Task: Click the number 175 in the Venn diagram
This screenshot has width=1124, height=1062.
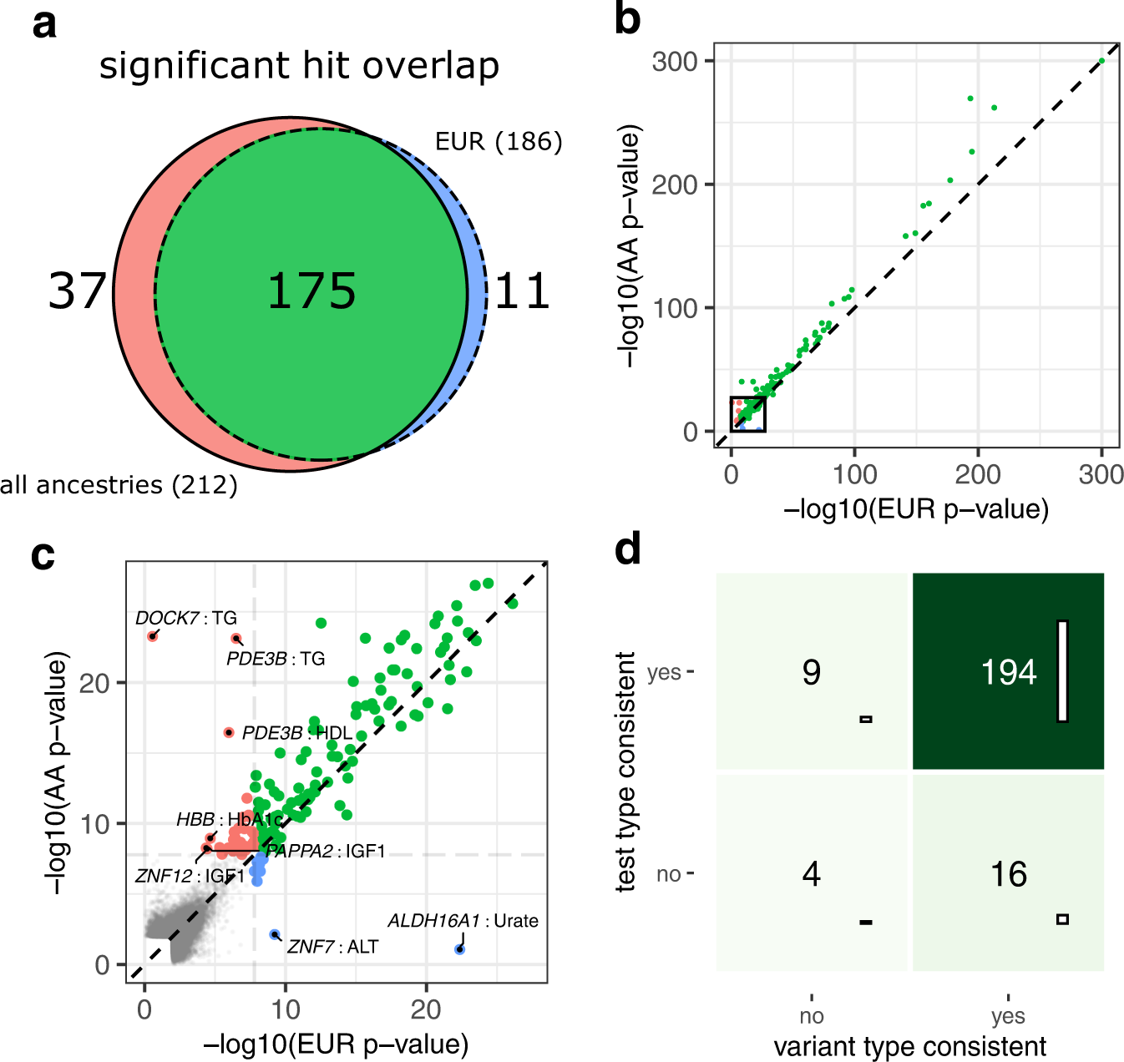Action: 311,291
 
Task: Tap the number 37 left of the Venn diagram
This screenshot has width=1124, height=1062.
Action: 77,291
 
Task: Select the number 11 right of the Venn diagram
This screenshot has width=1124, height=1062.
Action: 522,291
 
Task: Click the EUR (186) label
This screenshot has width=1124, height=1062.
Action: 499,141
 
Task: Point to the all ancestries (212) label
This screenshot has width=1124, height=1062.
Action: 119,485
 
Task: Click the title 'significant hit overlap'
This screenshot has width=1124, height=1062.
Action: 299,66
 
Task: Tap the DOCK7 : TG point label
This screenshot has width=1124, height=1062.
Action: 186,618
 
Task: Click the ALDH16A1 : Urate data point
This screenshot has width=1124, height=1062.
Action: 459,949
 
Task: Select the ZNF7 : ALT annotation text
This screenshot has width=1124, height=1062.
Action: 332,947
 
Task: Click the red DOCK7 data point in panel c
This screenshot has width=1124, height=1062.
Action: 152,636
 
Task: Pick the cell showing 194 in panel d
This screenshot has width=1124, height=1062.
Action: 1008,671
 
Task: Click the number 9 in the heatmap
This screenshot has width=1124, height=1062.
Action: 811,672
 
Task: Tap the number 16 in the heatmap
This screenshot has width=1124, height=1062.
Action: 1008,874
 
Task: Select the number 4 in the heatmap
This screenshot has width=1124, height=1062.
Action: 811,874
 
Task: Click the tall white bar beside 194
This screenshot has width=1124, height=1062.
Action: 1062,670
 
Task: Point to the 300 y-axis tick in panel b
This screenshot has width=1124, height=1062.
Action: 675,61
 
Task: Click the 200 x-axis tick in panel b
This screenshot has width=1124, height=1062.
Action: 978,474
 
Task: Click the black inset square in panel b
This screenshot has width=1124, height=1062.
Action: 748,414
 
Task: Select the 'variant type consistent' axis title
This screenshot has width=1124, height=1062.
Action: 909,1046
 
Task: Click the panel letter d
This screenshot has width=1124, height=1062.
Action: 628,550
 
